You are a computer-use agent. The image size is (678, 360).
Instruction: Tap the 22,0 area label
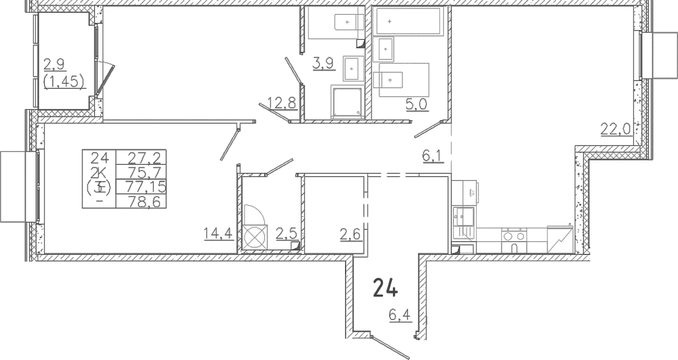click(615, 130)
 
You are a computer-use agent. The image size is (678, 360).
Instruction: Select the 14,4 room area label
click(218, 233)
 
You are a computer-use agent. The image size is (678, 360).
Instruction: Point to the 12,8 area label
click(282, 103)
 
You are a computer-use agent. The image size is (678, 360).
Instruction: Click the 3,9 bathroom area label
click(323, 63)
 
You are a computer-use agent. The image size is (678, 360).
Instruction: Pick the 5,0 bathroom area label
click(416, 104)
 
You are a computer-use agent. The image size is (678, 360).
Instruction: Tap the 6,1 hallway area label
click(432, 157)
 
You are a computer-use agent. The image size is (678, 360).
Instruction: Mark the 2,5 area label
click(286, 234)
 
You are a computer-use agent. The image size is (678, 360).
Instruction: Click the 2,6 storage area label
click(350, 234)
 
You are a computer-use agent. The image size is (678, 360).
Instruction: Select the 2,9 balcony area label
click(54, 64)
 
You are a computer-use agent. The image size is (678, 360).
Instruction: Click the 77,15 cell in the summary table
click(146, 187)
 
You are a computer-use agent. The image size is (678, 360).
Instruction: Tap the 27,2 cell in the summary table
click(147, 158)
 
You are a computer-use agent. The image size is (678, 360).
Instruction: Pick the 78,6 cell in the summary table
click(144, 202)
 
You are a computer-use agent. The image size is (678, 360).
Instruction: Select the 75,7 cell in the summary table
click(147, 172)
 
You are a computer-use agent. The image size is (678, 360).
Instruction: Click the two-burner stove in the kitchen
click(514, 241)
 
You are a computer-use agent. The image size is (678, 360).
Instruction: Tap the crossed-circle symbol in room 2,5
click(255, 237)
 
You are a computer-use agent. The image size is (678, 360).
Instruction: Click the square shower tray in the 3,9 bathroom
click(347, 102)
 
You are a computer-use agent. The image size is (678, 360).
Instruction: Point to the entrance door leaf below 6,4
click(391, 348)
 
